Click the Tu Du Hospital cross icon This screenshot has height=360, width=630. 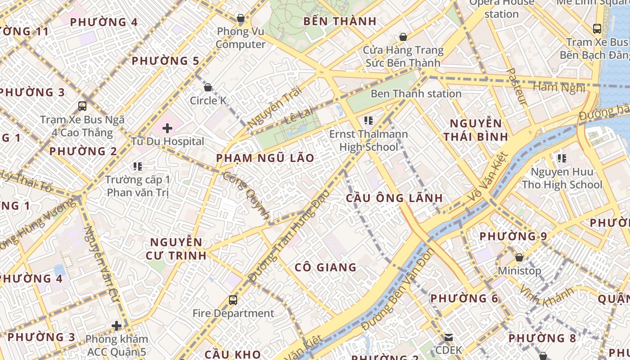pos(167,128)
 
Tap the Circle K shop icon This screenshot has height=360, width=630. pos(208,87)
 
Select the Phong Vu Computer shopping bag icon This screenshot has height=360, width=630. pos(241,18)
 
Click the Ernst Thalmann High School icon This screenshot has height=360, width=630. pos(369,121)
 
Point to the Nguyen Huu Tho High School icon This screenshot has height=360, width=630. pos(562,158)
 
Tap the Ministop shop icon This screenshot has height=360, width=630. pos(519,257)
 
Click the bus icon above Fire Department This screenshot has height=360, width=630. pos(233,300)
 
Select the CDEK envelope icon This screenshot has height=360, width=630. pos(448,337)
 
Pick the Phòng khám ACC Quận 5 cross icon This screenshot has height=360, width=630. pos(117,325)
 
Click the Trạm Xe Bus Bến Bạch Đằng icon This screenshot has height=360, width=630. pos(597,29)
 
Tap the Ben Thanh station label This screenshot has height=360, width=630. pos(416,94)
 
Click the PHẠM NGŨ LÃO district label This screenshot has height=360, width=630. pos(265,158)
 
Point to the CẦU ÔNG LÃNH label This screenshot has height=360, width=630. pos(394,198)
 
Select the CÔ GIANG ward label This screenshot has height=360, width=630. pos(325,267)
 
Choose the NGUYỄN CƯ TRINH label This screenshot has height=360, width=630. pos(176,249)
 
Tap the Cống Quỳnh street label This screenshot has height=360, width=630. pos(247,196)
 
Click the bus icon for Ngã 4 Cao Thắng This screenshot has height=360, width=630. pos(82,106)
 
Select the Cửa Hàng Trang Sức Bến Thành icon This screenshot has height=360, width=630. pos(403,37)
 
